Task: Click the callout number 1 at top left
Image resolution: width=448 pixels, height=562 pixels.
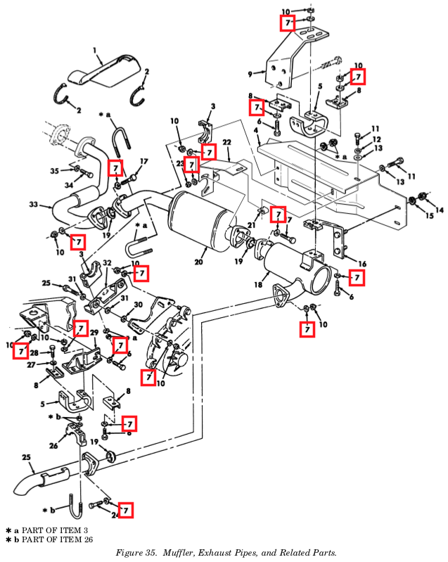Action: point(94,50)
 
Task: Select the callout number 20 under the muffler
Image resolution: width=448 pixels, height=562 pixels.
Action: point(199,262)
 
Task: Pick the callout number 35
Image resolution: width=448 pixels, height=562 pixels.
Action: point(54,170)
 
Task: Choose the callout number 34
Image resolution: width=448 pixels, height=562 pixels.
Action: point(69,186)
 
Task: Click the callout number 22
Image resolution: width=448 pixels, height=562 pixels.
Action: point(227,143)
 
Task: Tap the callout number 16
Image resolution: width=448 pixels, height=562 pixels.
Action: point(362,264)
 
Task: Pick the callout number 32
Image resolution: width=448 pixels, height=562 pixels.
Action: point(108,262)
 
